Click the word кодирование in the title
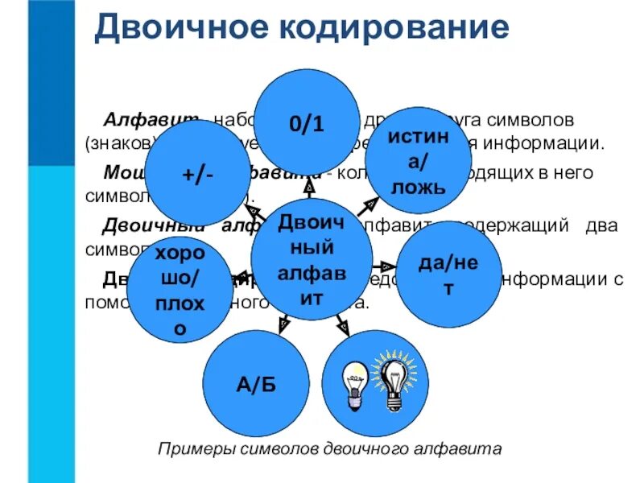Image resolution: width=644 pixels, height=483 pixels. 394,28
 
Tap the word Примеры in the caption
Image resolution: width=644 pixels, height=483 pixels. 186,448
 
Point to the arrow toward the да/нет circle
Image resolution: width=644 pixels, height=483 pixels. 386,266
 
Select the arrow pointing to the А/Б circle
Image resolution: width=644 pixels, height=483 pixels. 283,323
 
